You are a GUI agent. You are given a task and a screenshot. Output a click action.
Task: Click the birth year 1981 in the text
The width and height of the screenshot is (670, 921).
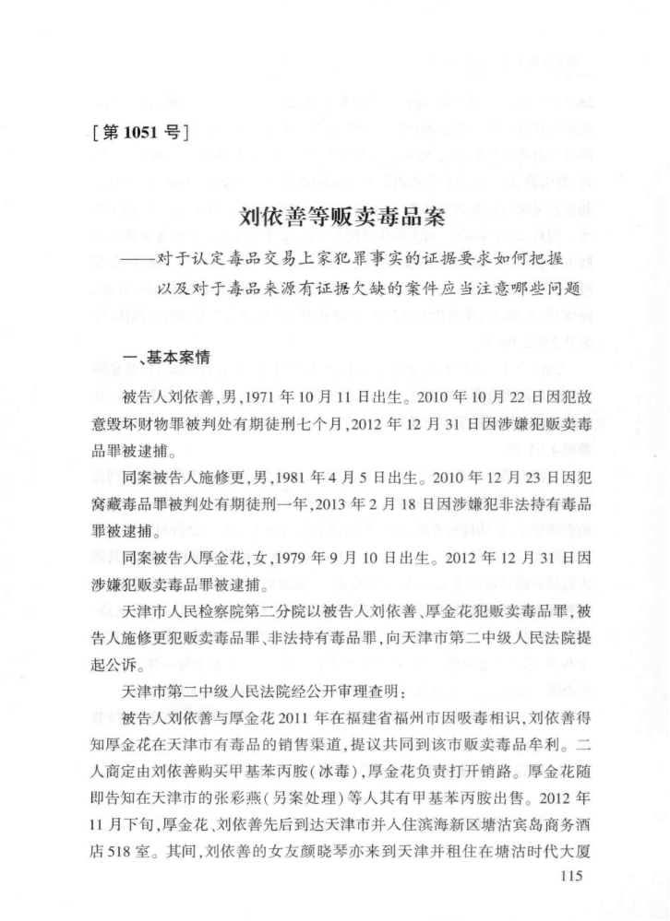coord(317,480)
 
